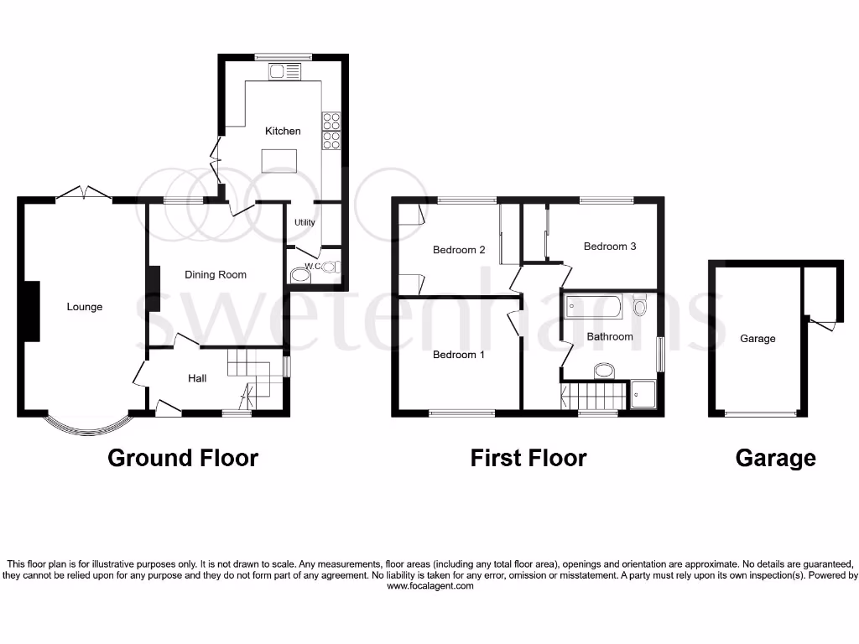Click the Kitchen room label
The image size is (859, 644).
click(x=283, y=131)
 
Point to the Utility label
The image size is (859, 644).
click(x=304, y=222)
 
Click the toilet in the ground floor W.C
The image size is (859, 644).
click(x=299, y=276)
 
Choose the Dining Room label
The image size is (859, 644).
click(x=216, y=274)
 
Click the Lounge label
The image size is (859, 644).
click(x=85, y=307)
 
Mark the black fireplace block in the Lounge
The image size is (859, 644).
click(x=31, y=310)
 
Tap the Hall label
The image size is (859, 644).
click(x=197, y=379)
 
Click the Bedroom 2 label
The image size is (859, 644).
click(x=459, y=250)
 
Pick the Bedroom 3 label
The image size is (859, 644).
click(x=610, y=247)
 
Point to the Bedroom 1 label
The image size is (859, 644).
click(x=459, y=355)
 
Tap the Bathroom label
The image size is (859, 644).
click(x=610, y=337)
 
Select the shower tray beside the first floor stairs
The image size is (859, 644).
click(x=643, y=394)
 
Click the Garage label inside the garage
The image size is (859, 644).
click(x=757, y=339)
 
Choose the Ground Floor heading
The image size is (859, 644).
click(x=183, y=458)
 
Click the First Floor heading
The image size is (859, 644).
click(x=528, y=458)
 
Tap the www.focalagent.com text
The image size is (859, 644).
click(x=430, y=586)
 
